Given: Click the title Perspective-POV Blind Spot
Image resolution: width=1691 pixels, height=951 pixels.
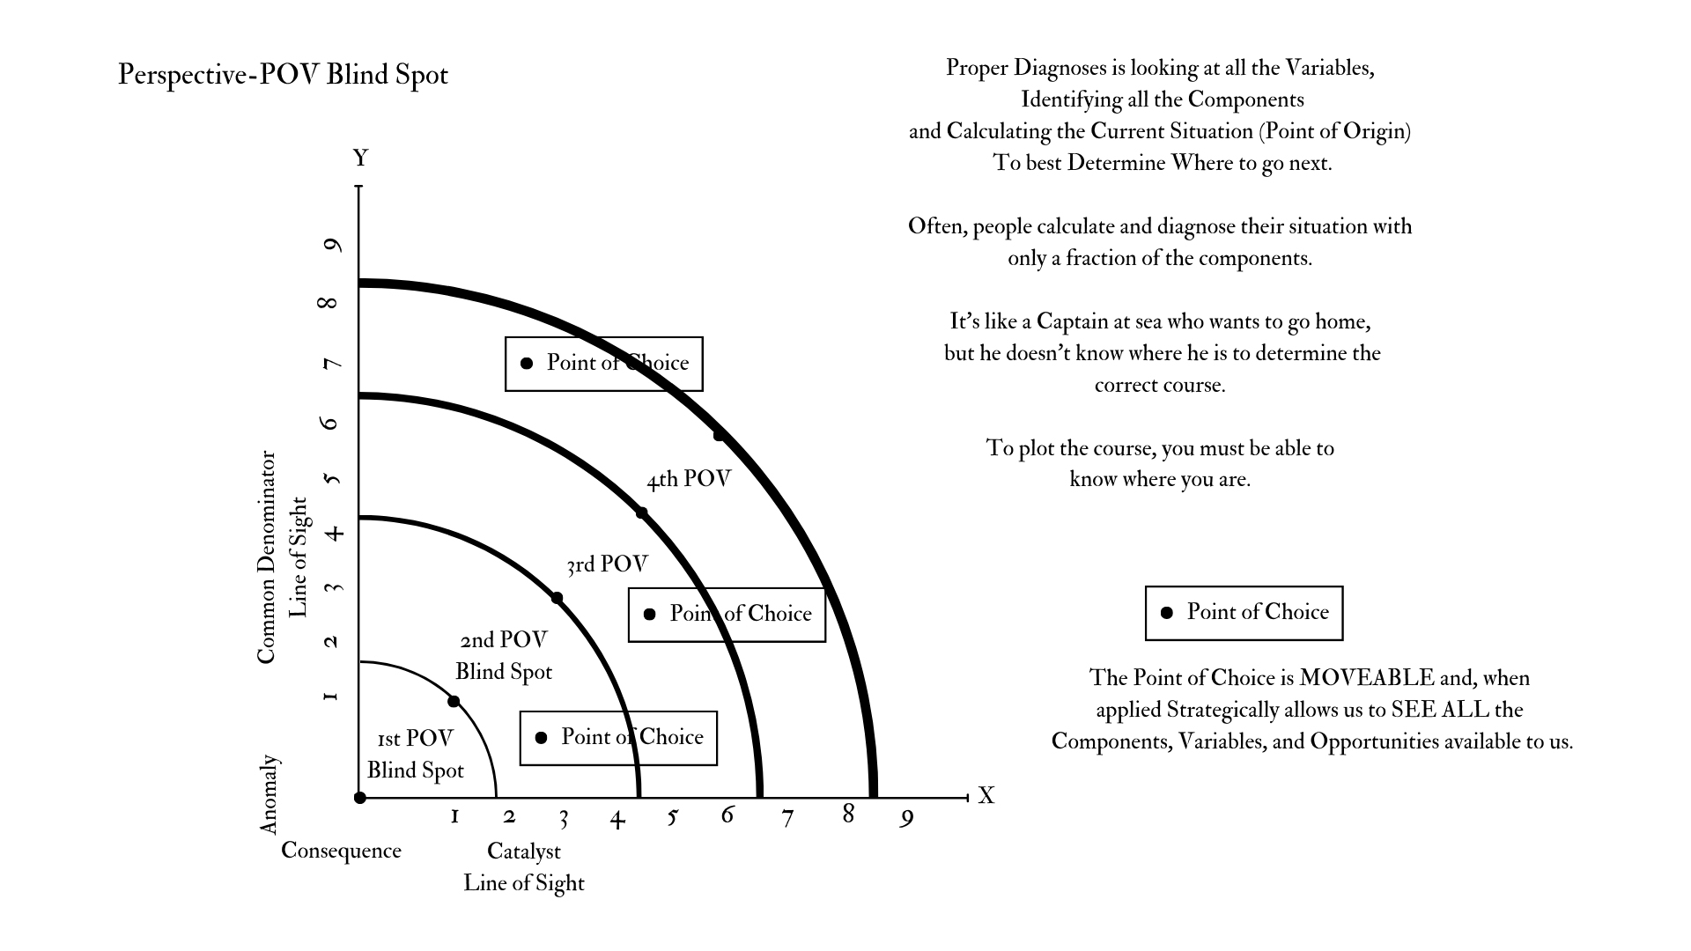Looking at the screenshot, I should tap(283, 75).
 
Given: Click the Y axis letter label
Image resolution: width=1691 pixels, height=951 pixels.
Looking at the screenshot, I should tap(360, 158).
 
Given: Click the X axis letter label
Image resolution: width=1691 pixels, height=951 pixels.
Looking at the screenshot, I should tap(986, 796).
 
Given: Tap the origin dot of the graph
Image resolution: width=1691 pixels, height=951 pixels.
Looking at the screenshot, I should tap(359, 798).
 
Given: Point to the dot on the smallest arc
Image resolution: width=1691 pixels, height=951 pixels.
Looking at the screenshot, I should tap(454, 702).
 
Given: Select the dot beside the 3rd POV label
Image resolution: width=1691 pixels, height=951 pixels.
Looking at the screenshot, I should tap(557, 599).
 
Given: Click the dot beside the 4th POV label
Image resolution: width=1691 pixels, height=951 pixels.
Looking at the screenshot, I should tap(641, 513).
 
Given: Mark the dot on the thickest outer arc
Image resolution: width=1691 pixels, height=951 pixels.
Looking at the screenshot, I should tap(719, 436).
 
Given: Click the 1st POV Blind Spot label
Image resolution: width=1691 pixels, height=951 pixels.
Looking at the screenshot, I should tap(415, 754).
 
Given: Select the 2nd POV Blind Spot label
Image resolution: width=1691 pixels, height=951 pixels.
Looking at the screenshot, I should tap(503, 655).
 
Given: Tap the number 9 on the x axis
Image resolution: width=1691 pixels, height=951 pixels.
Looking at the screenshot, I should tap(906, 819).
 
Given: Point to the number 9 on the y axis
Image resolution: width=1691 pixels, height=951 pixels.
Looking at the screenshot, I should tap(332, 245).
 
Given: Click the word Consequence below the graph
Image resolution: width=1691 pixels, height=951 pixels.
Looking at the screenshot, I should tap(341, 851).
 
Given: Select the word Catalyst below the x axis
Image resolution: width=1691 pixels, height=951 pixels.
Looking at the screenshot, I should tap(523, 851).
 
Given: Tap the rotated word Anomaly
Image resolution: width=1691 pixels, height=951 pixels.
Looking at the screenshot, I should tap(269, 794).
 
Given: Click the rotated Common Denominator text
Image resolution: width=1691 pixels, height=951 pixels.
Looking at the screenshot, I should tap(266, 558).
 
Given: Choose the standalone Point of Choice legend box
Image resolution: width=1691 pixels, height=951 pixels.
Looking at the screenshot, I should tap(1244, 613).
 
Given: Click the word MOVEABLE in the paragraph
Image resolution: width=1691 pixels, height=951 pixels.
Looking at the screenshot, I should tap(1366, 678).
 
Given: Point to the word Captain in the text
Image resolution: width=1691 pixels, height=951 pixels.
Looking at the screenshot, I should tap(1071, 321).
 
